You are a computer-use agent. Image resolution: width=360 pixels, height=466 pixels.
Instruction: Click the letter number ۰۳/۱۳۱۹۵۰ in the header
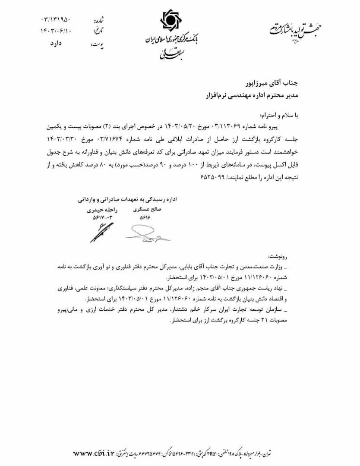[57, 20]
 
